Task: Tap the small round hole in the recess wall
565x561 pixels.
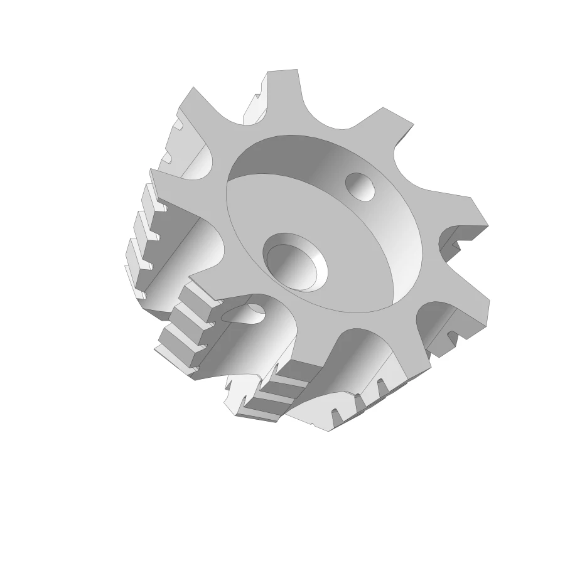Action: click(360, 186)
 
